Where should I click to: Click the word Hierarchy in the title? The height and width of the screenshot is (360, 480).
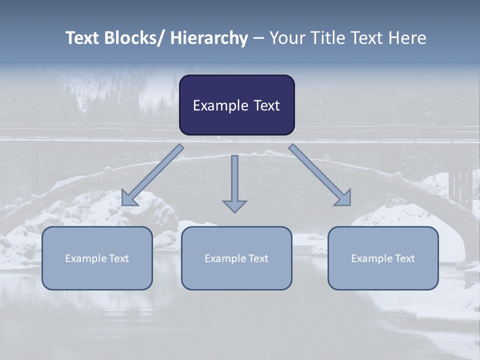coord(209,38)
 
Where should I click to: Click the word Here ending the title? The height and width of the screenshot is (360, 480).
coord(407,38)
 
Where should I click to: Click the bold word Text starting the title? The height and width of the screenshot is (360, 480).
coord(83,38)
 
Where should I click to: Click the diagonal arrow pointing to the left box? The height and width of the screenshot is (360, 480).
coord(152,175)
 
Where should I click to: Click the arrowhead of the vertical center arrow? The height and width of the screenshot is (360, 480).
coord(234,206)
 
